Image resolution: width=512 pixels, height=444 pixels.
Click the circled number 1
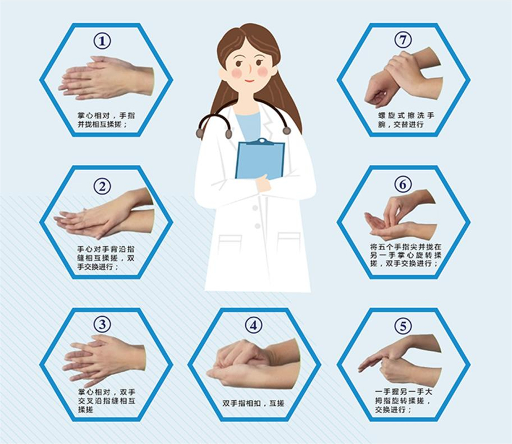point(102,41)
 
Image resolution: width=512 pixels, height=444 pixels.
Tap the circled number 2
point(102,186)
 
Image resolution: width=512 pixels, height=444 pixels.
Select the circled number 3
point(102,324)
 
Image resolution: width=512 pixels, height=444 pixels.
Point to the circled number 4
point(254,325)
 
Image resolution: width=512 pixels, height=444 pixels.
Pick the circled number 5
point(403,326)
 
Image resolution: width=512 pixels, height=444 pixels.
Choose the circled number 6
point(403,185)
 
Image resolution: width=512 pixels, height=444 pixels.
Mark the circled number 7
point(403,40)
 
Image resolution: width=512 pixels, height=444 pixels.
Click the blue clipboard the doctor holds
point(260,159)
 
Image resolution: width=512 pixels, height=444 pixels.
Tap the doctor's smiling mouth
point(250,81)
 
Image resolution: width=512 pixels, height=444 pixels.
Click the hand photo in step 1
point(106,78)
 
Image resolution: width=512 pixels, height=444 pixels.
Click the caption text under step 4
point(253,403)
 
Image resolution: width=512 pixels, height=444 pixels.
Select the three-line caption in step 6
point(406,255)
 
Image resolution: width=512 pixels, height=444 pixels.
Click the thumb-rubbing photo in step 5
point(400,360)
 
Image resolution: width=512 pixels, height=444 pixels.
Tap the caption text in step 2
point(106,258)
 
